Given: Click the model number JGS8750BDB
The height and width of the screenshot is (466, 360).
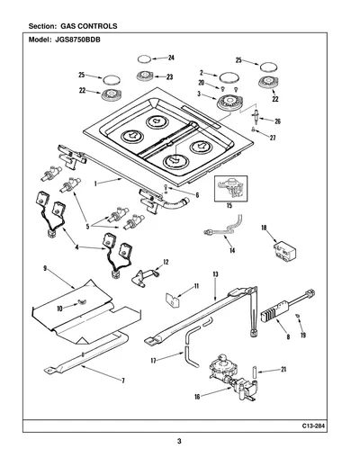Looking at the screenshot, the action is pos(77,40).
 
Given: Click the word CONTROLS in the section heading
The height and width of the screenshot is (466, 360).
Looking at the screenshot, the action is pos(97,26).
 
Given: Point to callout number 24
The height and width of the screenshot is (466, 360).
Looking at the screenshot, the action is pos(171,58).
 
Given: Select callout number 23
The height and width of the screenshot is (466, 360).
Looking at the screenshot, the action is pos(170,77).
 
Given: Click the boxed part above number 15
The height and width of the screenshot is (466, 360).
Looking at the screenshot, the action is pos(230,189).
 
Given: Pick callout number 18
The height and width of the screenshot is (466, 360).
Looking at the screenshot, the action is pos(264,228).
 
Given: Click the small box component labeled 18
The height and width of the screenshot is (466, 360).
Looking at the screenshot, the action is pos(284,251).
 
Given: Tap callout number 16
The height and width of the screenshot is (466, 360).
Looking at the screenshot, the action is pos(197,397).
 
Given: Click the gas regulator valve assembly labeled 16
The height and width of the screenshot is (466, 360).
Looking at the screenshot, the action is pos(232,378).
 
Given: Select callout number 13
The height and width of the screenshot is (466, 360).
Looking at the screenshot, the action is pos(215,274).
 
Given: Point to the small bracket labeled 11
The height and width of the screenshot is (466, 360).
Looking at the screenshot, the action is pos(173,300).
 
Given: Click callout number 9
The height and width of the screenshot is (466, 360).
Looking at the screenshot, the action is pos(45,268).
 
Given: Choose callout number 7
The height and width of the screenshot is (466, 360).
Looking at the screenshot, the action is pos(123,381).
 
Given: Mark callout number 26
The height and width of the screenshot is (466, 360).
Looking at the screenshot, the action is pos(278,121).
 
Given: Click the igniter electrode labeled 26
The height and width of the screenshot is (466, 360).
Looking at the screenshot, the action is pos(256,117).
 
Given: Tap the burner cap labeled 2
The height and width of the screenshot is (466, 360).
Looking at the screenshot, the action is pos(229,78).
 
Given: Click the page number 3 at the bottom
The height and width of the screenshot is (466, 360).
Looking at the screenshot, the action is pos(179,442).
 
